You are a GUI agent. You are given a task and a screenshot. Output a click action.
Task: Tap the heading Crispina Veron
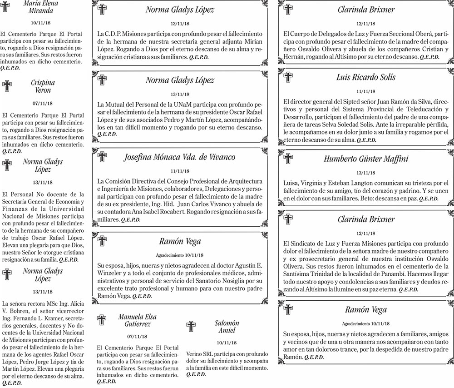point(43,87)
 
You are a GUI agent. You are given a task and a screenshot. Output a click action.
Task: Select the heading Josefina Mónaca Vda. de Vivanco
point(180,158)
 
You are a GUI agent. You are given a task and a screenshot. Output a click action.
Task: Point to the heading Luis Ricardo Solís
point(366,77)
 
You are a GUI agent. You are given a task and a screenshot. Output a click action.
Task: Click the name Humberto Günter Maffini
point(366,159)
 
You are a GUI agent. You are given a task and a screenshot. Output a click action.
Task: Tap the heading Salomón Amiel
point(227,327)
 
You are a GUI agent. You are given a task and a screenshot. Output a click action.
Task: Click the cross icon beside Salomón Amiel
point(192,326)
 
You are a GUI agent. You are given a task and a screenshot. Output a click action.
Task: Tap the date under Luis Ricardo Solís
point(366,91)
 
